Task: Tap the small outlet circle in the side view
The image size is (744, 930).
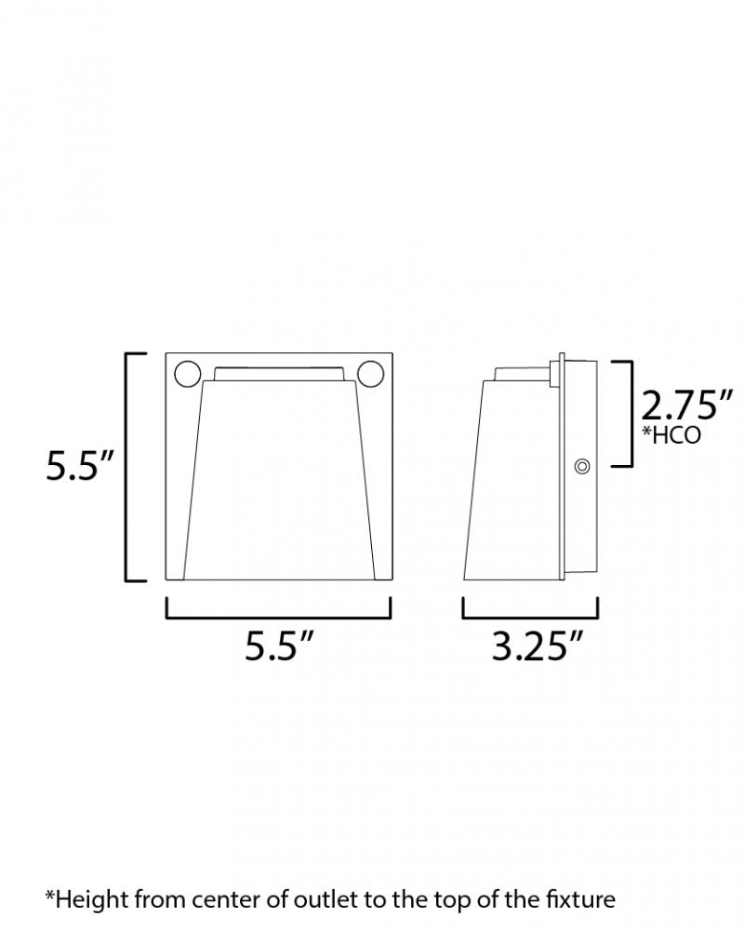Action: [582, 467]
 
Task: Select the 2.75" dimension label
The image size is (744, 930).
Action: [686, 406]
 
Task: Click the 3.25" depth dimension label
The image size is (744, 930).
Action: [538, 646]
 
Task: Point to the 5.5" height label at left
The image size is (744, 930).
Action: [79, 466]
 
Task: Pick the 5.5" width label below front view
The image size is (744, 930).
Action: [279, 646]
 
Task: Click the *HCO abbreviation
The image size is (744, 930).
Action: [671, 434]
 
